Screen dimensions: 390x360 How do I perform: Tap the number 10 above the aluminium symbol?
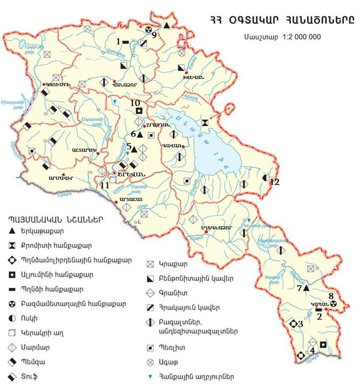click(135, 103)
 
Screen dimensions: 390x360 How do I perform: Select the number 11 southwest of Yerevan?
click(105, 186)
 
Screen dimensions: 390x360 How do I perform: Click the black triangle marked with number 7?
click(307, 288)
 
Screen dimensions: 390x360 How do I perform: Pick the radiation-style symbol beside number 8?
click(334, 303)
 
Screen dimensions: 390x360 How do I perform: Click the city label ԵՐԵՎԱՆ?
click(134, 173)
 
